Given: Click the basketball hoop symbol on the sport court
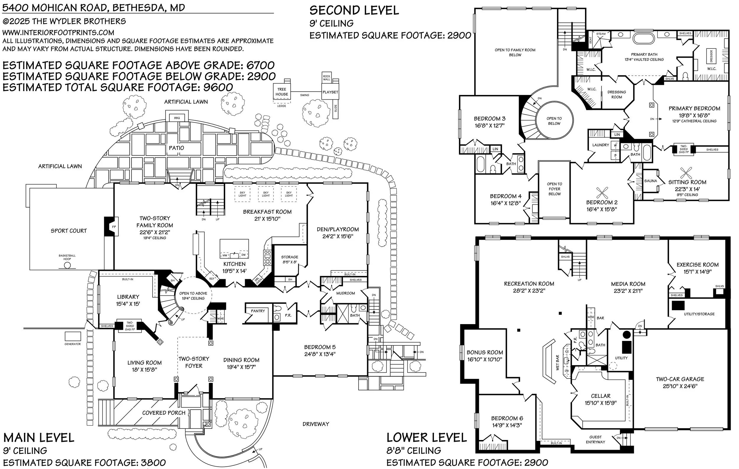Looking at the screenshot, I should pyautogui.click(x=67, y=266).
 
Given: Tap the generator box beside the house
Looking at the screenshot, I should pyautogui.click(x=73, y=337).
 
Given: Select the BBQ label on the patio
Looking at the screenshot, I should pyautogui.click(x=177, y=118).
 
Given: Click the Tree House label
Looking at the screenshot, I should pyautogui.click(x=282, y=92).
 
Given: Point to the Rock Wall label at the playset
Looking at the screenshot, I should pyautogui.click(x=327, y=78).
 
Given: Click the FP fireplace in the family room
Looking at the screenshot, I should pyautogui.click(x=114, y=227).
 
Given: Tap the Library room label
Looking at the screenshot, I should pyautogui.click(x=128, y=297).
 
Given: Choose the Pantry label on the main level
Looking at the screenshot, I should pyautogui.click(x=258, y=311).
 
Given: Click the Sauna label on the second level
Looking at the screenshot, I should pyautogui.click(x=650, y=181).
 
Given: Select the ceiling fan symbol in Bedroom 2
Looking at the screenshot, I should pyautogui.click(x=602, y=193).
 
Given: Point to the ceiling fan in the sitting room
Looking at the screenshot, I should pyautogui.click(x=686, y=172).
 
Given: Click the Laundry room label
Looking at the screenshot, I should pyautogui.click(x=601, y=145).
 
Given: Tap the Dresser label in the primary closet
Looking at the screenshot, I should pyautogui.click(x=711, y=56).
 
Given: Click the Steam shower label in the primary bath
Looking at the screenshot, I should pyautogui.click(x=601, y=34).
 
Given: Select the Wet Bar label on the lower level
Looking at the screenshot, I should pyautogui.click(x=558, y=363).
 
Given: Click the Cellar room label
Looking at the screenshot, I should pyautogui.click(x=601, y=396).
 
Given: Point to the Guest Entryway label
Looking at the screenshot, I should pyautogui.click(x=595, y=439).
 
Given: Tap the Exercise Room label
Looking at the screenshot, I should pyautogui.click(x=698, y=265).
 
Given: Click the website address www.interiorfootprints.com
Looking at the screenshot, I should pyautogui.click(x=58, y=33).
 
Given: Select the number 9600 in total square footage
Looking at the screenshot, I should pyautogui.click(x=218, y=88).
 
